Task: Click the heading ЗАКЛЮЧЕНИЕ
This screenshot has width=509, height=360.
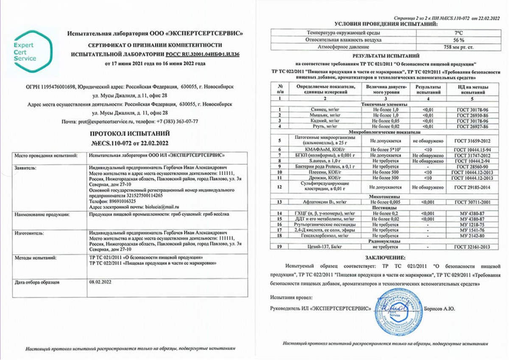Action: [385, 257]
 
